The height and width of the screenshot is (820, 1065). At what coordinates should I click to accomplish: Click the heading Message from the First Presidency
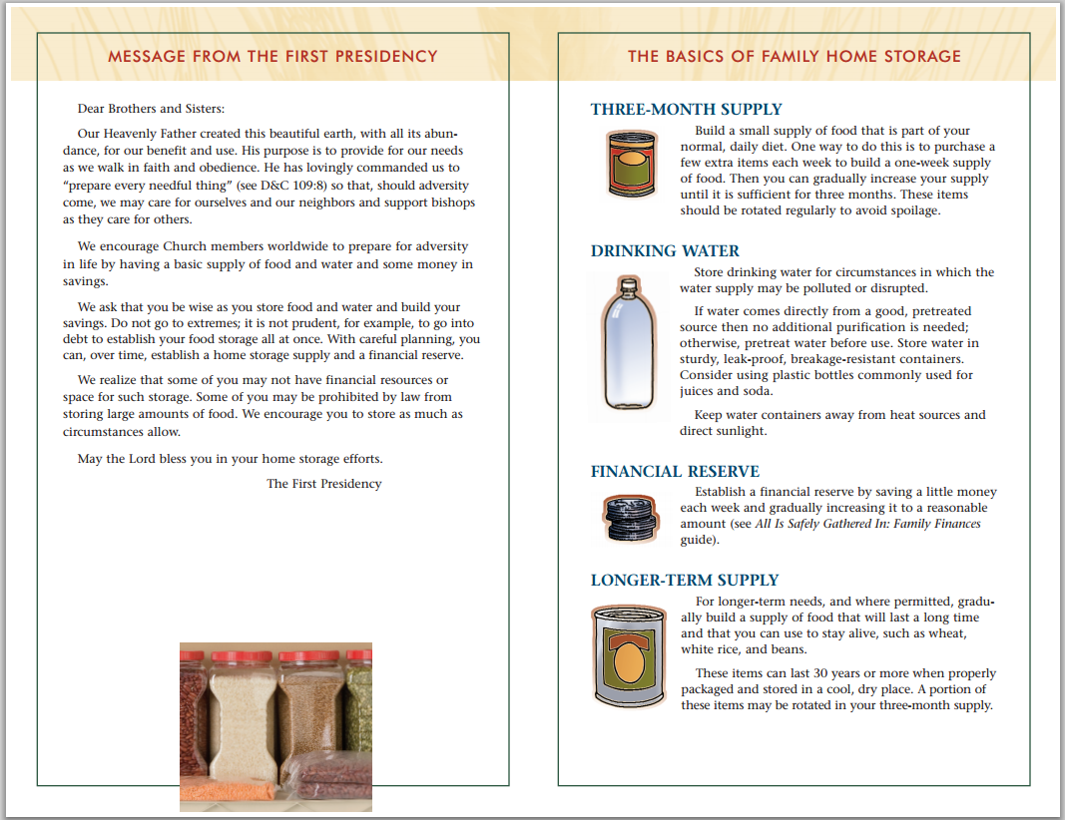pos(272,56)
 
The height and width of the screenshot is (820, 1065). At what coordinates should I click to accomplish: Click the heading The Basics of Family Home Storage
pos(794,56)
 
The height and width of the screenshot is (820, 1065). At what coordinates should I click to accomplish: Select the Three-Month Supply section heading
pos(686,110)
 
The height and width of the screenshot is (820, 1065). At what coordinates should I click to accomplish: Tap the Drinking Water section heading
pos(665,251)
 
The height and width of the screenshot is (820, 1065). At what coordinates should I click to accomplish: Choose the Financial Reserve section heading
pos(675,472)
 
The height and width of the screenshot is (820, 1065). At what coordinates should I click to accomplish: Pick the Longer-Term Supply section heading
pos(685,581)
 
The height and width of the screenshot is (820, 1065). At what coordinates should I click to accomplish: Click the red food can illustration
pos(632,165)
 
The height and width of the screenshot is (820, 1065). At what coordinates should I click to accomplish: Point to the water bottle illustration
pos(629,343)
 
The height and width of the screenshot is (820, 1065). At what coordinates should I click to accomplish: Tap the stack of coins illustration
pos(631,518)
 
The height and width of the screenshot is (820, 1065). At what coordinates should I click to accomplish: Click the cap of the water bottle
pos(629,283)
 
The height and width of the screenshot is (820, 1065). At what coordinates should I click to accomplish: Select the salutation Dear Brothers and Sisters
pos(151,109)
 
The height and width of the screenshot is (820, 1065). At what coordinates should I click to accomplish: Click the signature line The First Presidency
pos(324,483)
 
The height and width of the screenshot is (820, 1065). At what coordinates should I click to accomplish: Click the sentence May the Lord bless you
pos(231,459)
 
